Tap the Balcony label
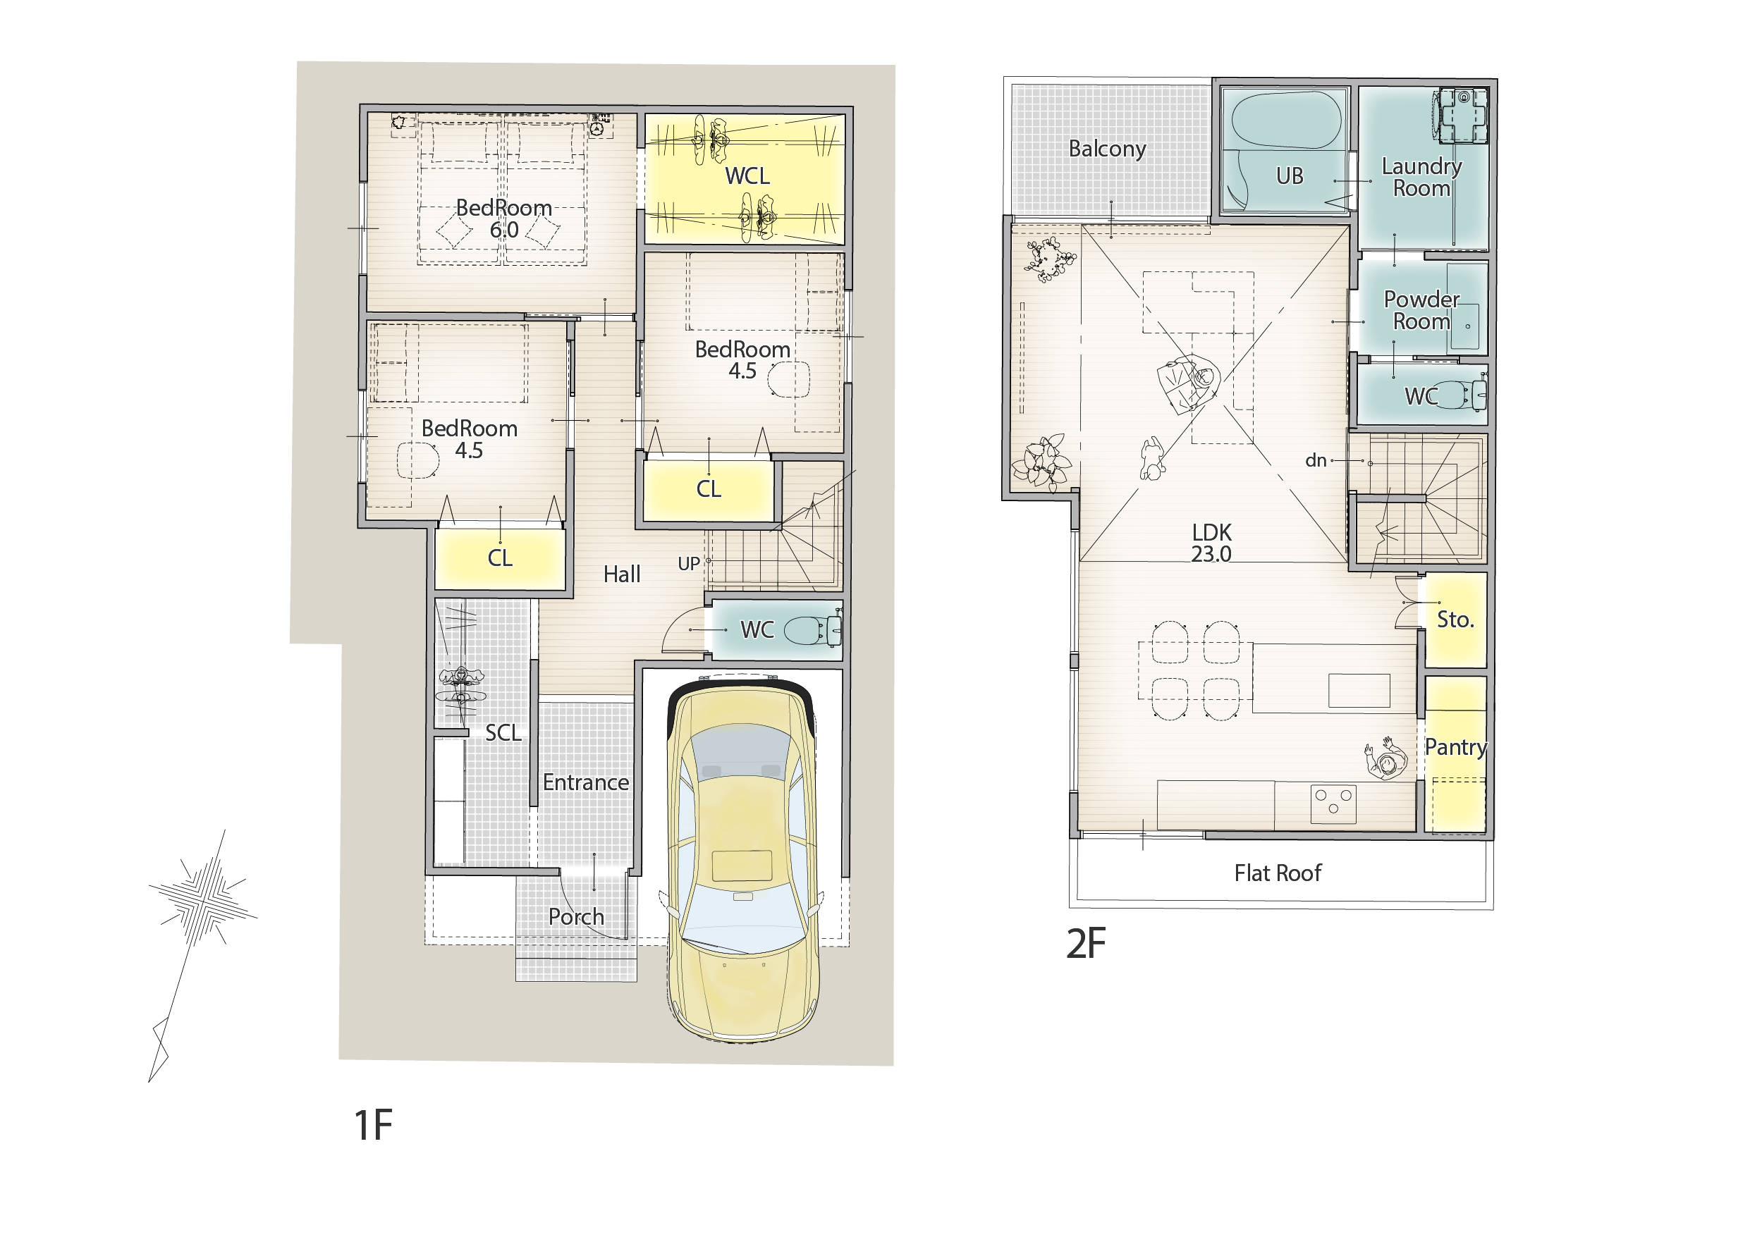tap(1107, 149)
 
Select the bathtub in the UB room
tap(1286, 121)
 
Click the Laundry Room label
tap(1421, 177)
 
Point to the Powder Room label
tap(1421, 310)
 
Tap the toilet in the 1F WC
tap(812, 630)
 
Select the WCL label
tap(747, 176)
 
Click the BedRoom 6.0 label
tap(504, 219)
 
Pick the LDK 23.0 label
tap(1211, 543)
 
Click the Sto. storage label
tap(1455, 620)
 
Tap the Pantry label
tap(1456, 747)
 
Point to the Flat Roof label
tap(1278, 873)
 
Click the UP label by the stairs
tap(688, 564)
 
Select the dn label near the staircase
tap(1316, 460)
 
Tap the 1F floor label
tap(373, 1126)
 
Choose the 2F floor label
tap(1085, 944)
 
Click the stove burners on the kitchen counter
tap(1333, 804)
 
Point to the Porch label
tap(576, 918)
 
